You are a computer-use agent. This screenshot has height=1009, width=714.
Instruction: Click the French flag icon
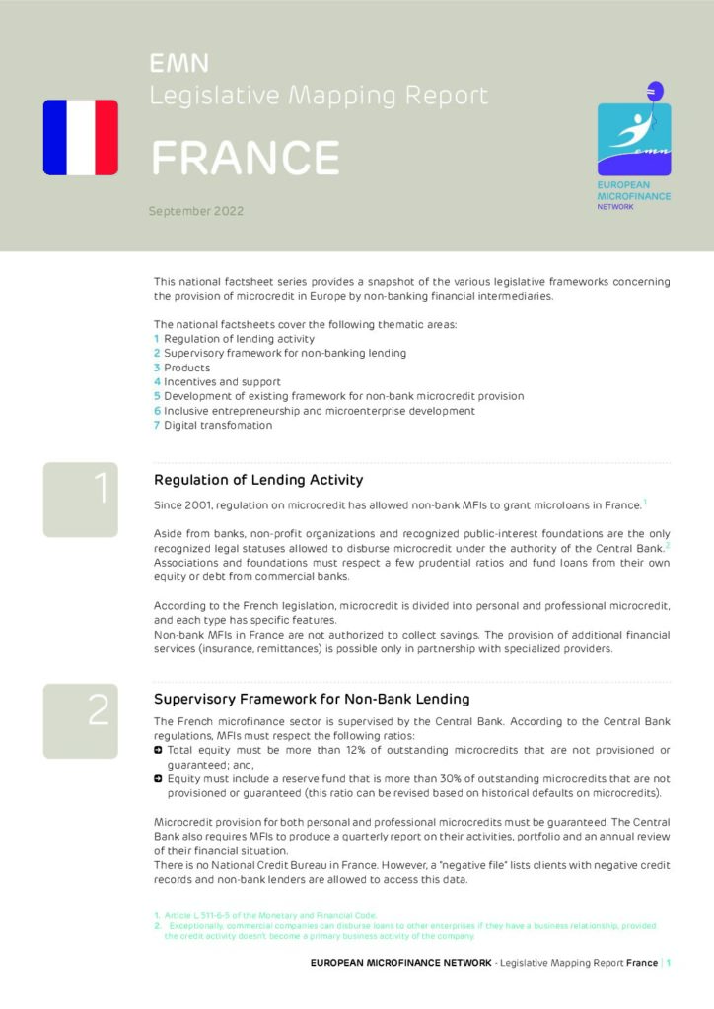[x=80, y=137]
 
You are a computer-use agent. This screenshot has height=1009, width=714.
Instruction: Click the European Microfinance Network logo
[x=634, y=139]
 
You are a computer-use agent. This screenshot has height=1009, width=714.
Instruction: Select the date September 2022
[x=195, y=211]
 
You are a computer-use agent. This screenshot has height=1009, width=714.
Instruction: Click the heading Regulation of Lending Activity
[x=258, y=480]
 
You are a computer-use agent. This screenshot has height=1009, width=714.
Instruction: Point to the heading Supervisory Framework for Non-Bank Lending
[x=312, y=699]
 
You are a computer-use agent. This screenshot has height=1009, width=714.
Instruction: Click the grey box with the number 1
[x=80, y=500]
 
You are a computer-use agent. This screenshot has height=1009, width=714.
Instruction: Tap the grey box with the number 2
[x=80, y=720]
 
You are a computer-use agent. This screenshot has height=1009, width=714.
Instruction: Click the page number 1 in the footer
[x=669, y=963]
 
